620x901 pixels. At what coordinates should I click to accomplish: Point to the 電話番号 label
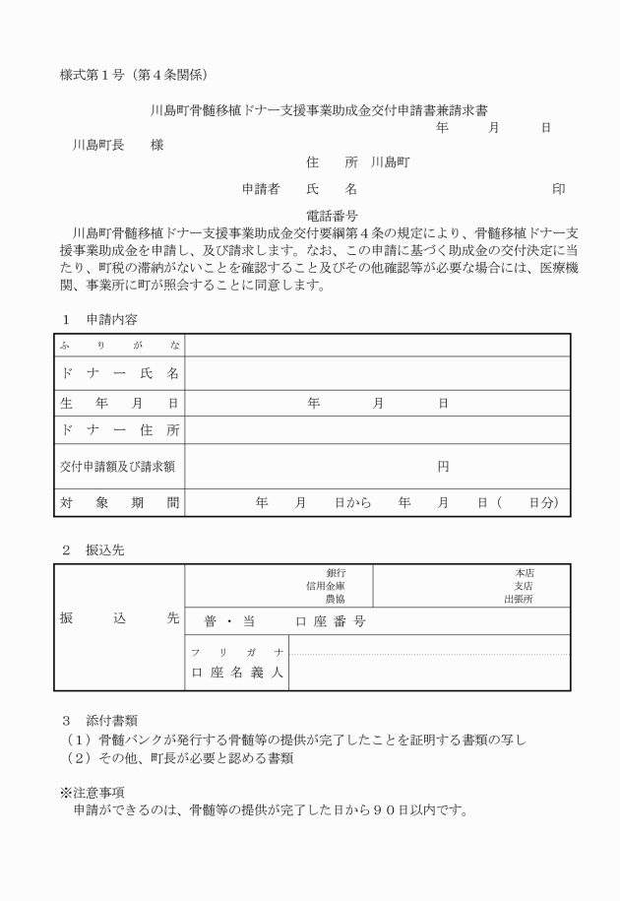click(x=332, y=214)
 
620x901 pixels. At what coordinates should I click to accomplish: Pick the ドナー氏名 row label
click(x=118, y=373)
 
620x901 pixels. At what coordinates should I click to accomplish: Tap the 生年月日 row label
click(x=118, y=403)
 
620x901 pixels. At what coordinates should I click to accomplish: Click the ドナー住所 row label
click(x=118, y=430)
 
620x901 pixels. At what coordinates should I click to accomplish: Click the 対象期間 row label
click(x=118, y=502)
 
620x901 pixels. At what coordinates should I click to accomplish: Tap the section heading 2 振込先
click(x=93, y=550)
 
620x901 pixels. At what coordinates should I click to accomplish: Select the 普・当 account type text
click(x=228, y=621)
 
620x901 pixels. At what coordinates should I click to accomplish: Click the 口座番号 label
click(x=331, y=621)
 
